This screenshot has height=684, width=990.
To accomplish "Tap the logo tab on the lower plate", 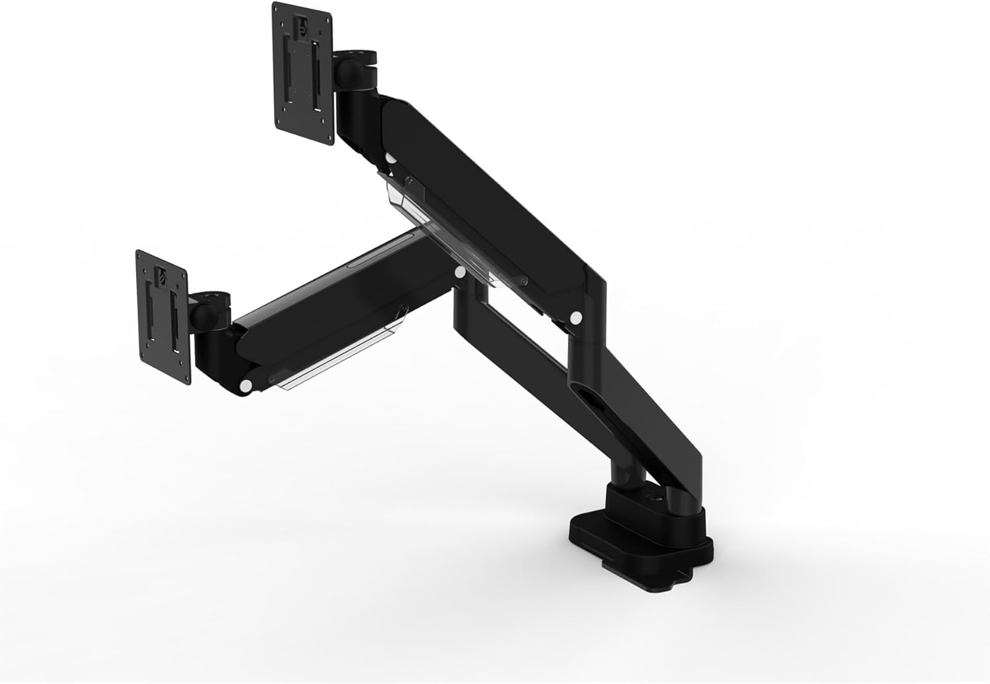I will click(x=161, y=276).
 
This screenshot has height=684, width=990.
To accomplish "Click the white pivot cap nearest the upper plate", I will click(x=391, y=159).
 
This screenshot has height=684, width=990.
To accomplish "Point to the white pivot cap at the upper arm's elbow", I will click(x=576, y=317).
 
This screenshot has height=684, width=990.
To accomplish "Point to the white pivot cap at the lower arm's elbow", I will click(x=460, y=272).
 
